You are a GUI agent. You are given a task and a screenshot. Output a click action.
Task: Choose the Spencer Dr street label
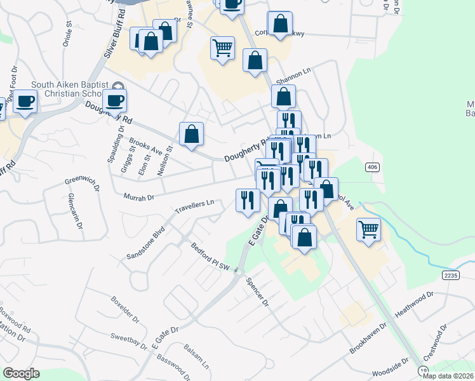[257, 292]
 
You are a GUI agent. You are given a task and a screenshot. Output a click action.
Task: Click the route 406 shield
[372, 167]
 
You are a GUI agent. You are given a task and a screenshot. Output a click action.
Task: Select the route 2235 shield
[451, 274]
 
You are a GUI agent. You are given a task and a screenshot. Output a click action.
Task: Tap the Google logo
[21, 373]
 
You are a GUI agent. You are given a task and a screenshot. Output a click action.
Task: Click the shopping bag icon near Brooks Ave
[191, 134]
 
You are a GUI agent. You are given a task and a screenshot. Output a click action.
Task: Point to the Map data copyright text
[447, 376]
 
